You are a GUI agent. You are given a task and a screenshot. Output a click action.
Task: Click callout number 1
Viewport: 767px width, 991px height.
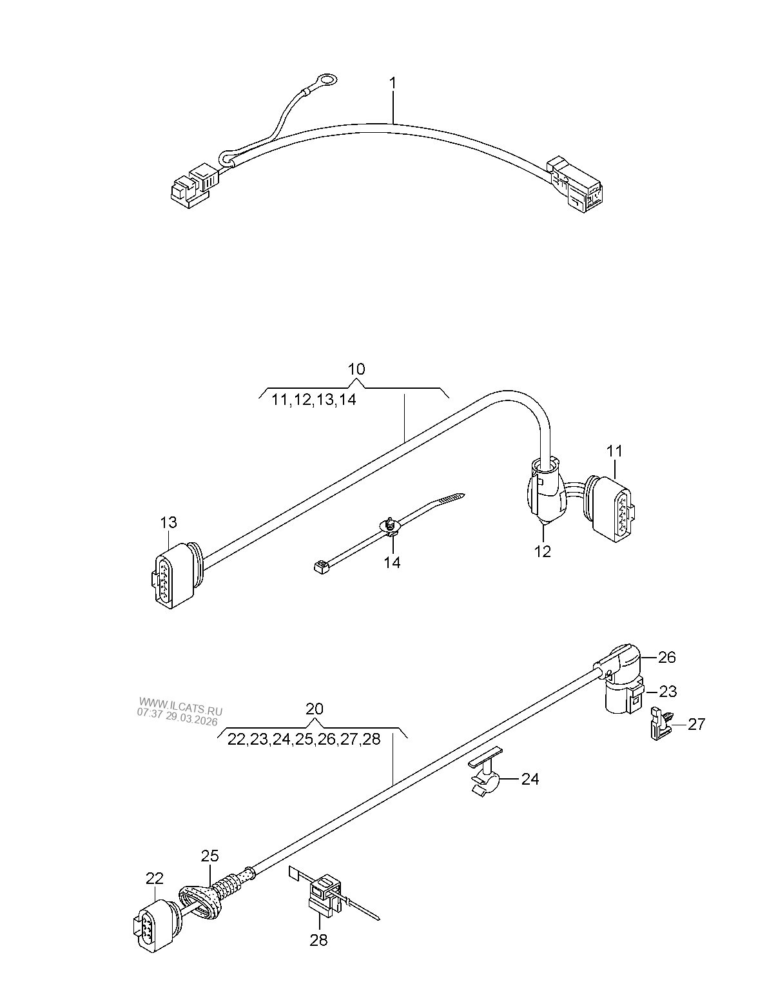pyautogui.click(x=393, y=83)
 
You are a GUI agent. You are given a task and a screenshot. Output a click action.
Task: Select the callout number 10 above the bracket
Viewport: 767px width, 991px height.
pyautogui.click(x=356, y=369)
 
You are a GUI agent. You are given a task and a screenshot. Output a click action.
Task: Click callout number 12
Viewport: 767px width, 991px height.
pyautogui.click(x=542, y=551)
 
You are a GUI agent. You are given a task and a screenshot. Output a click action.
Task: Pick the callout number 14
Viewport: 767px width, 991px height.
pyautogui.click(x=391, y=563)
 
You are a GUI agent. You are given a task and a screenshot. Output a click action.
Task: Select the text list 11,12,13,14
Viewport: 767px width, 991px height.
pyautogui.click(x=313, y=400)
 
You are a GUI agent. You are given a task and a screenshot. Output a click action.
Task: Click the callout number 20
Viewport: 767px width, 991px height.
pyautogui.click(x=315, y=709)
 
